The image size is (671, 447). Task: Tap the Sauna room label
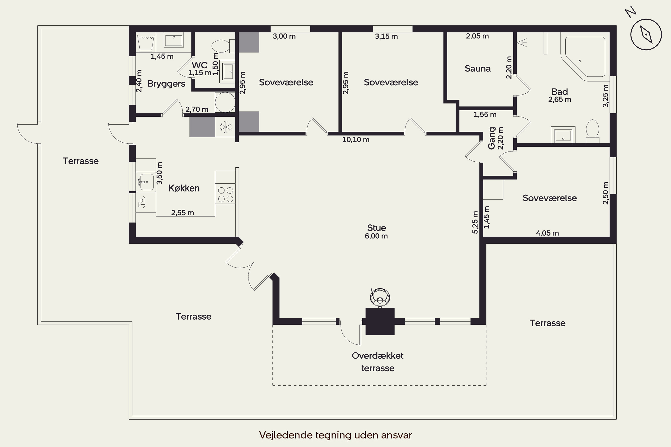click(478, 68)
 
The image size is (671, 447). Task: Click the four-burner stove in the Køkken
click(225, 195)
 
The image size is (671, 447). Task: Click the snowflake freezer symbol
click(225, 127)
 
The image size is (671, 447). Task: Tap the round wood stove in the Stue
click(380, 297)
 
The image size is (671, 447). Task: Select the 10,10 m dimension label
click(356, 140)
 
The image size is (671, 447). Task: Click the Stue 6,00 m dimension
click(376, 236)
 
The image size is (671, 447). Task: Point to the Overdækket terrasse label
click(378, 362)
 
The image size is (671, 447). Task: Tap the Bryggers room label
click(166, 84)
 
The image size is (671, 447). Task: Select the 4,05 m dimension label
click(547, 233)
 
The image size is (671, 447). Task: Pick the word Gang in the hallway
click(492, 138)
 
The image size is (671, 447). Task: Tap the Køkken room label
click(184, 188)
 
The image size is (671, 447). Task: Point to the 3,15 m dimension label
click(386, 36)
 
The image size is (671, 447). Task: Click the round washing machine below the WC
click(225, 102)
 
